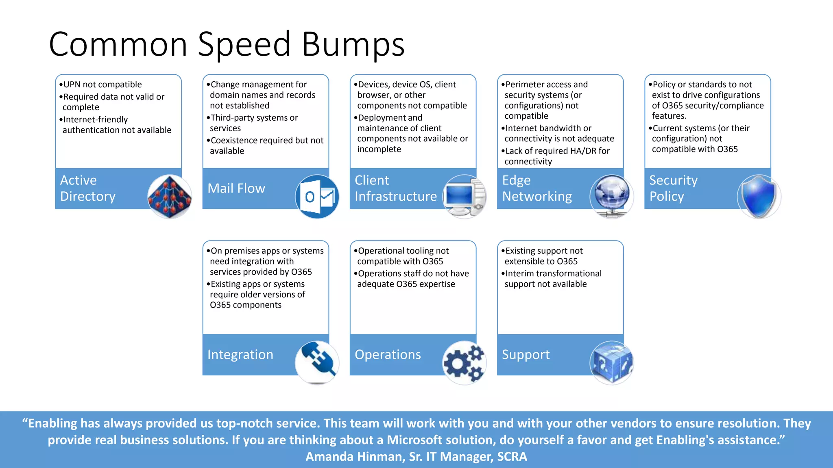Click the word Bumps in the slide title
353,45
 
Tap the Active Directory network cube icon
170,197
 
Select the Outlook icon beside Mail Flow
317,197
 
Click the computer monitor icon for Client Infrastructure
464,197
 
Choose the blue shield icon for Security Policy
759,197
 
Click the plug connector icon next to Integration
317,362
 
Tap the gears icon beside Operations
464,363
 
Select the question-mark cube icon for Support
611,363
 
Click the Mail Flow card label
236,188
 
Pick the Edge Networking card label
537,188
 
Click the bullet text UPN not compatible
102,84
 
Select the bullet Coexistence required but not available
266,145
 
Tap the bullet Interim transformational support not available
552,279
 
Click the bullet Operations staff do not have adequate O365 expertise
412,279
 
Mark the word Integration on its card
240,355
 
